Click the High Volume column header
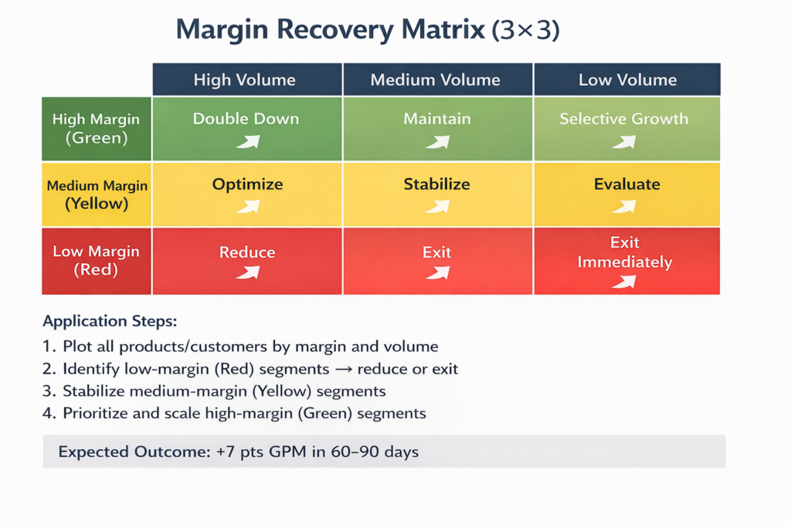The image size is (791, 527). click(244, 79)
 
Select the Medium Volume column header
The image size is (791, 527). click(435, 79)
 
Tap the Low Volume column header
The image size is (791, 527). click(627, 79)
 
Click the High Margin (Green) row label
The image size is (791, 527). click(96, 128)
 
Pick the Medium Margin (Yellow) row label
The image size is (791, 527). click(97, 194)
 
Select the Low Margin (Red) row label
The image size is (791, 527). click(96, 260)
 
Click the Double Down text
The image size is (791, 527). click(246, 119)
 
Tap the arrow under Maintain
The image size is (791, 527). click(437, 141)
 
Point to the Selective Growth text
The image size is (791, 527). click(623, 119)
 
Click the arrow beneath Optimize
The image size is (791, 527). click(247, 206)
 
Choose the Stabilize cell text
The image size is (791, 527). click(436, 184)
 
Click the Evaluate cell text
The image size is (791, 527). click(626, 184)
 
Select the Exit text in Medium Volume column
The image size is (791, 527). click(436, 252)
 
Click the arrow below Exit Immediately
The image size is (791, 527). click(623, 282)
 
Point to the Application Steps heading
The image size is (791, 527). click(109, 321)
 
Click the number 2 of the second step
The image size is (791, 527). click(49, 369)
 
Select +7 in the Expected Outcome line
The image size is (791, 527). click(220, 451)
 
